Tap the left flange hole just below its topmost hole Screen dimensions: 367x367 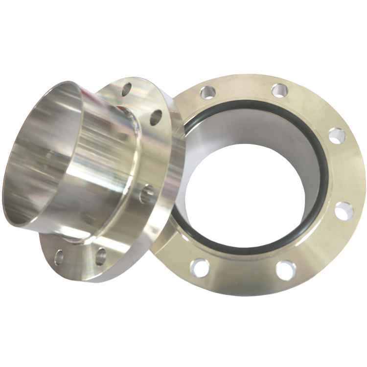[x=156, y=117]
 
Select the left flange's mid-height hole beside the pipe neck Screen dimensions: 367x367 [x=146, y=194]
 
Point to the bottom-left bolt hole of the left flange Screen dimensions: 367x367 [x=59, y=256]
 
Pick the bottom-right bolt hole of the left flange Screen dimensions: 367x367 [x=100, y=255]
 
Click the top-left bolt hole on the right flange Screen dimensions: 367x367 [x=207, y=92]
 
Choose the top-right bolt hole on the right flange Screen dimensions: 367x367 [x=279, y=91]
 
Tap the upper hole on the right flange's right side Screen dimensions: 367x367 [x=337, y=136]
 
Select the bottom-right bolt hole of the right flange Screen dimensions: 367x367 [x=285, y=270]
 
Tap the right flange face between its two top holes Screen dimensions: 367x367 [x=244, y=87]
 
